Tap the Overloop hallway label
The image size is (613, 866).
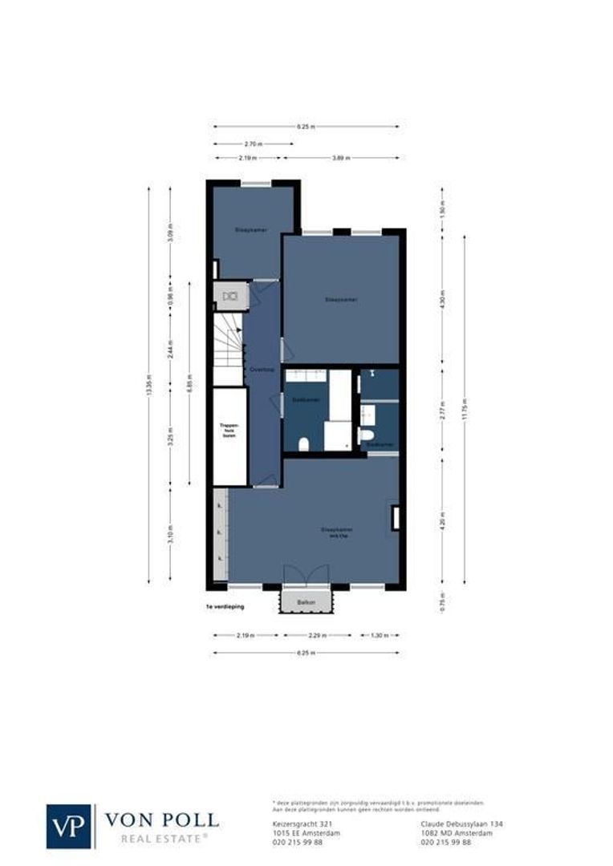[x=262, y=370]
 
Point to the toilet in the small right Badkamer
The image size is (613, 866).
[x=366, y=435]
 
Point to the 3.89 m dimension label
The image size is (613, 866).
[x=342, y=158]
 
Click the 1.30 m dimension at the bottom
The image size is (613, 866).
[x=376, y=636]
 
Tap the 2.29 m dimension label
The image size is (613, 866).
[x=318, y=636]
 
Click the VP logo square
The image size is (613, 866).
[x=69, y=826]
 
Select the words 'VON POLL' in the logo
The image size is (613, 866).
[x=161, y=819]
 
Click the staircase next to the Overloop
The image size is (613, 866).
[x=228, y=347]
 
